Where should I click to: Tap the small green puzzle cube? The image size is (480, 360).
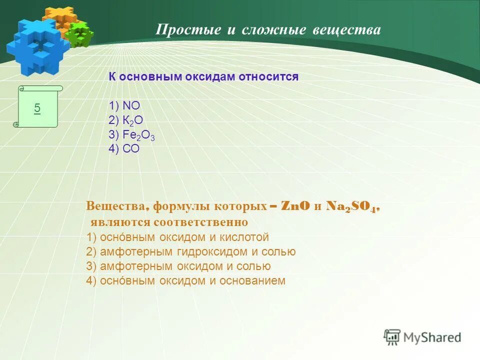click(79, 34)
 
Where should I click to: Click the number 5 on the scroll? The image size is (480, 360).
click(37, 108)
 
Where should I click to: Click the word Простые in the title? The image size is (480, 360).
click(188, 30)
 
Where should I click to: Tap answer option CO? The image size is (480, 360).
click(131, 149)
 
